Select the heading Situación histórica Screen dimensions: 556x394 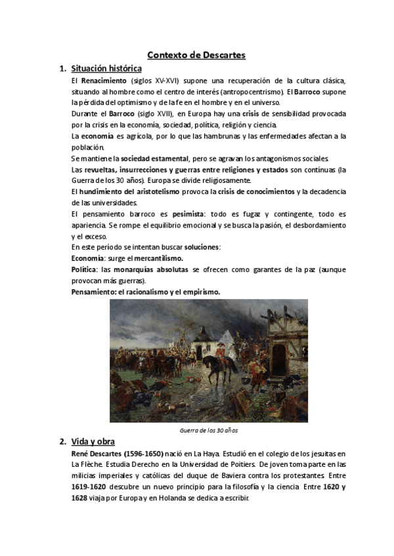[106, 68]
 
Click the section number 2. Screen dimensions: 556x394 [62, 442]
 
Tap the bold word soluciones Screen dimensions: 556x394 [202, 247]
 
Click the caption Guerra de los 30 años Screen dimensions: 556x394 [209, 430]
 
